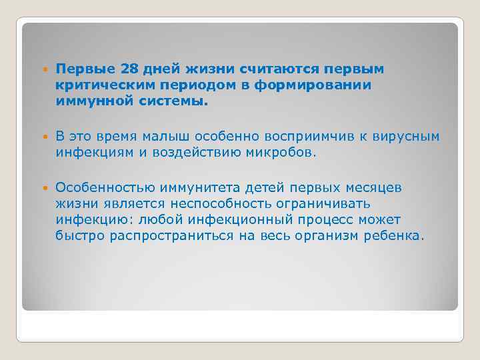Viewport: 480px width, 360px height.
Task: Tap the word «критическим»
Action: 97,86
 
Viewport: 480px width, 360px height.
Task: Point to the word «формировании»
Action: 328,86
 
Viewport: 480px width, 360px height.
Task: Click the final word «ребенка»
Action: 393,237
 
